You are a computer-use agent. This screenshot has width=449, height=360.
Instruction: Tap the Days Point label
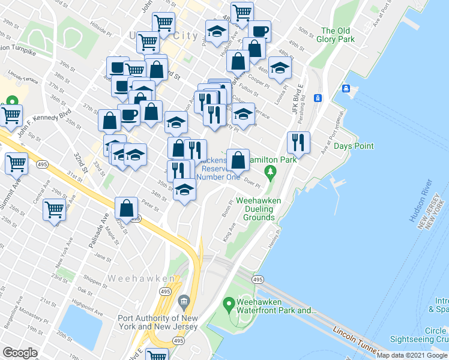coord(354,146)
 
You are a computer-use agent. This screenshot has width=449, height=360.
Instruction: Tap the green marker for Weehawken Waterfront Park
coord(228,305)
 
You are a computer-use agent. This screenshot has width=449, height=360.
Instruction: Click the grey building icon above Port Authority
coord(184,300)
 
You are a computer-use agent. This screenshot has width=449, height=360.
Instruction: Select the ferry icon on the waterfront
coord(346,89)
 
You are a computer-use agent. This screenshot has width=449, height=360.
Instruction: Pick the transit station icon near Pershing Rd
coord(318,98)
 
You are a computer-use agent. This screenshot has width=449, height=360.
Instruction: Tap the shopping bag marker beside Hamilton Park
coord(238,160)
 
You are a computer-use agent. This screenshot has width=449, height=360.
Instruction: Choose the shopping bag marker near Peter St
coord(127,208)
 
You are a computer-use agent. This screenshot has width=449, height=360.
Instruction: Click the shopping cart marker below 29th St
coord(54,209)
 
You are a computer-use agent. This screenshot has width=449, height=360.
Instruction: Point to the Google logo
coord(20,353)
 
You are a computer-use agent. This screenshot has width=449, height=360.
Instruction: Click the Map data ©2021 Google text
coord(412,355)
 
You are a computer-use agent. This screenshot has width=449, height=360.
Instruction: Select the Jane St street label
coord(103,258)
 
